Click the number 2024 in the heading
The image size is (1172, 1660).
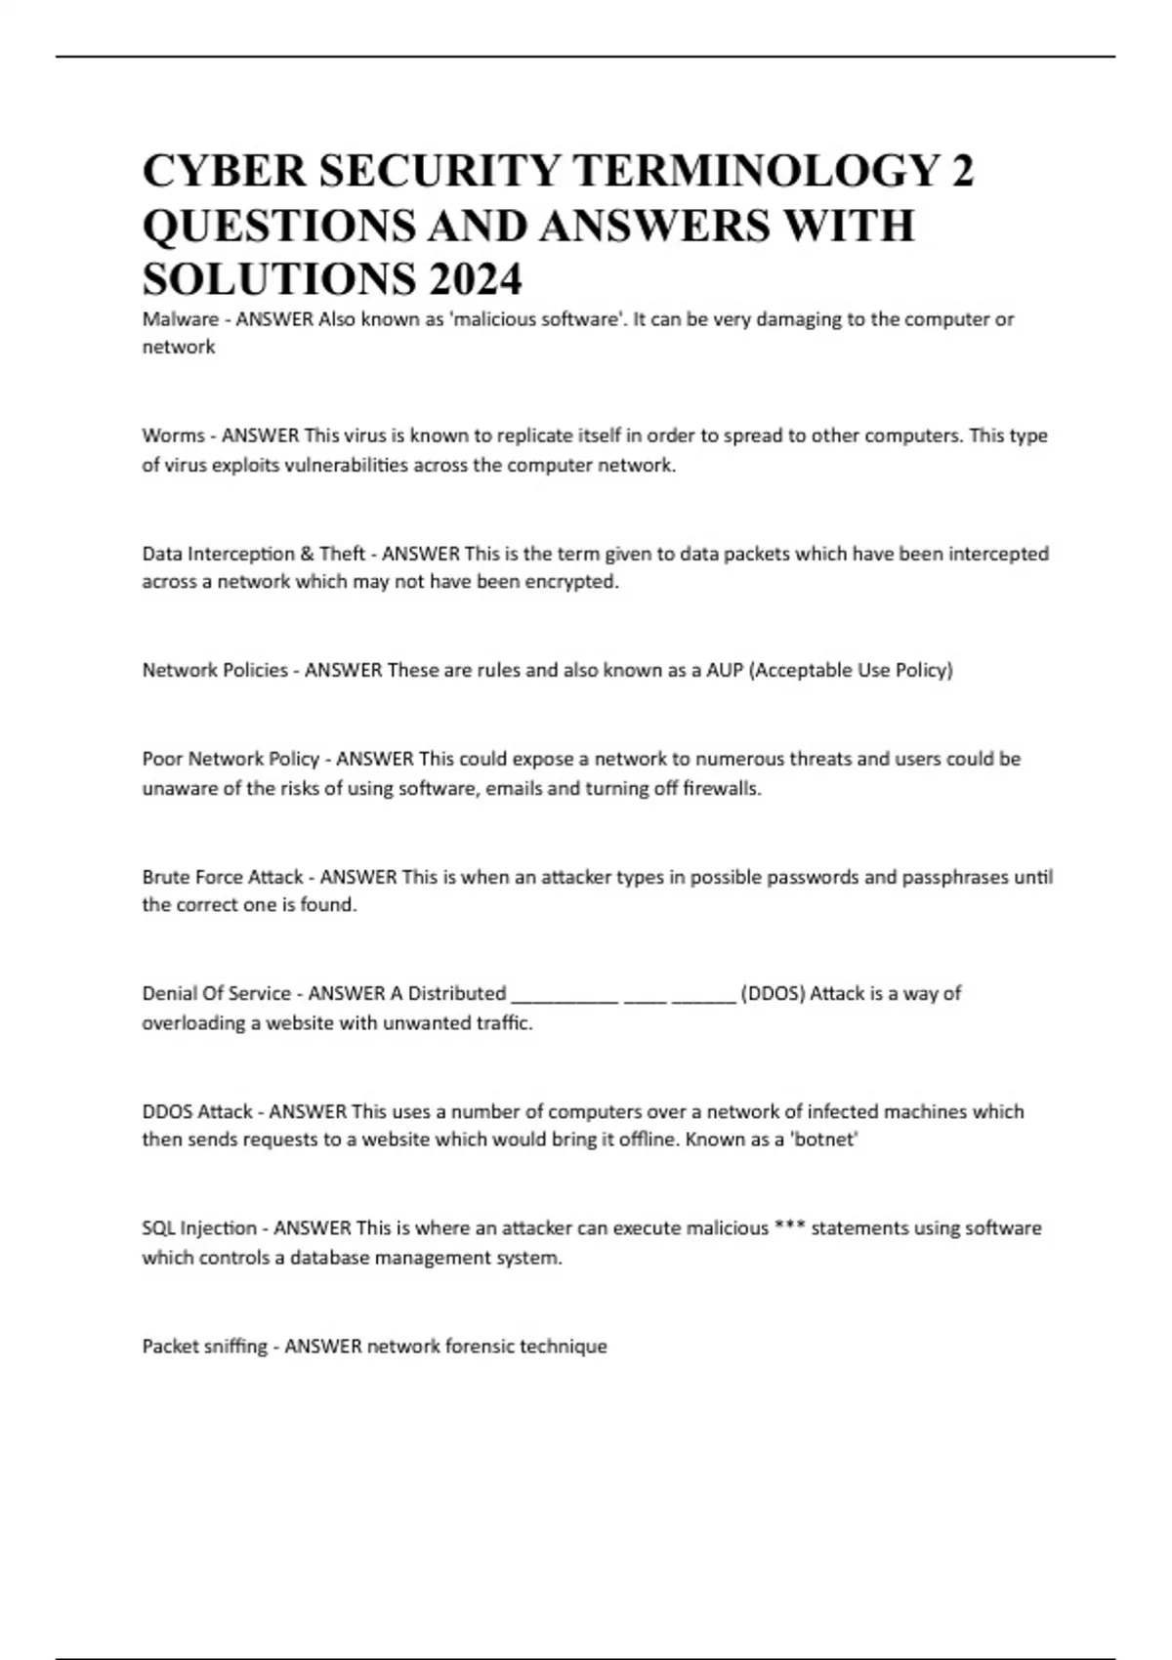(x=474, y=279)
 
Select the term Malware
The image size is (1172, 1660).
(x=180, y=319)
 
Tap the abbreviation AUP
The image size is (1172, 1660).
(x=724, y=670)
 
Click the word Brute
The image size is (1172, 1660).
(x=167, y=877)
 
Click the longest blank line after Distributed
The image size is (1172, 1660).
(x=565, y=995)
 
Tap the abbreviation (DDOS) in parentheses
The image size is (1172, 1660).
(x=773, y=994)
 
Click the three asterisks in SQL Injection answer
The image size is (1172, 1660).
(x=789, y=1227)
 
